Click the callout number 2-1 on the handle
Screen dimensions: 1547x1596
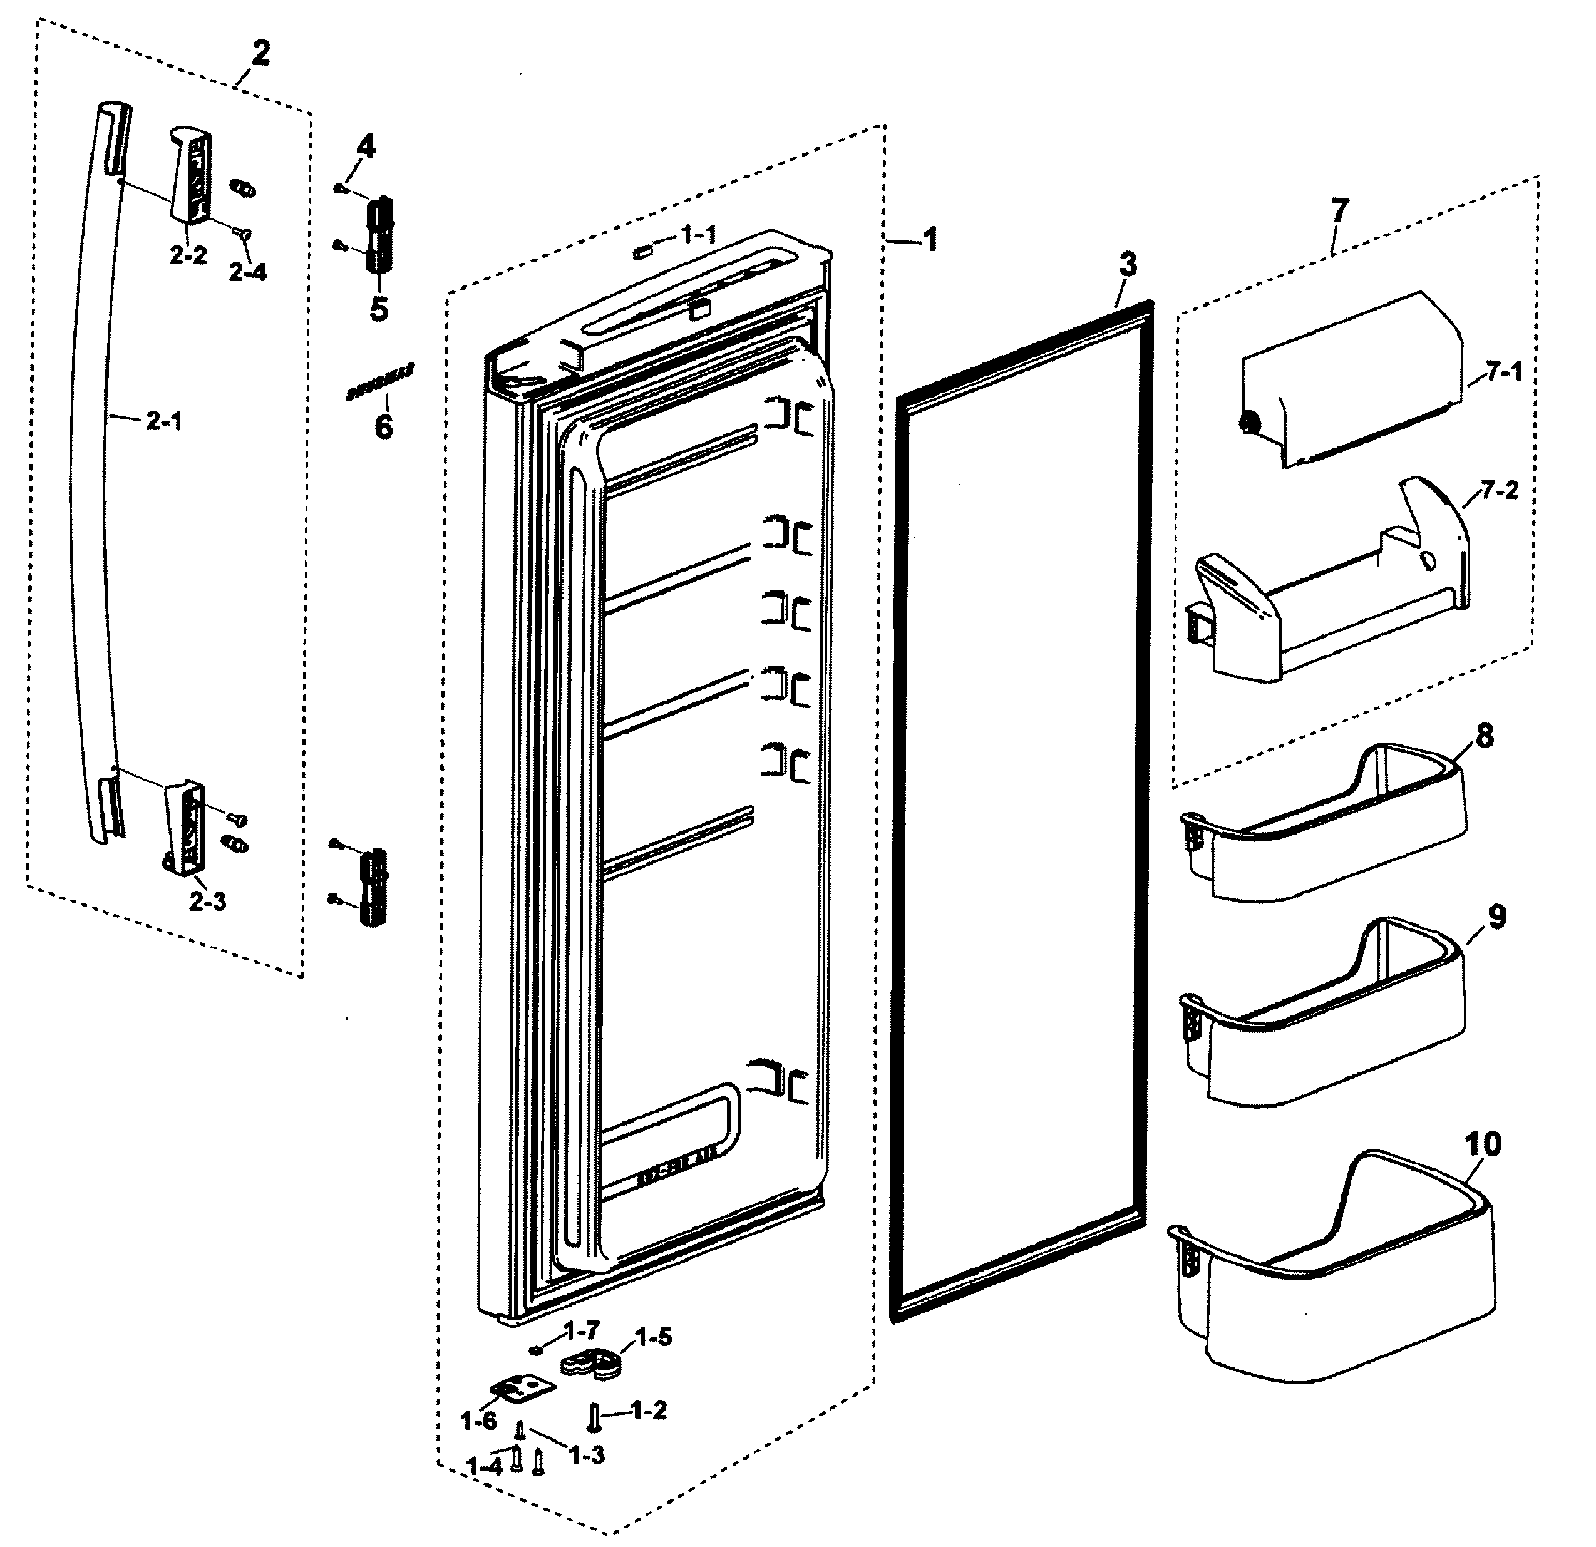pyautogui.click(x=165, y=422)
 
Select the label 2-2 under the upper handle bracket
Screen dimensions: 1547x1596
pyautogui.click(x=188, y=255)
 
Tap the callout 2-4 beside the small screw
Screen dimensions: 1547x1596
pyautogui.click(x=247, y=272)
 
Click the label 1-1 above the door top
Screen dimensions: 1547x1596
pyautogui.click(x=699, y=235)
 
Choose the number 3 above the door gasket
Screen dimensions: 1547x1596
pyautogui.click(x=1127, y=265)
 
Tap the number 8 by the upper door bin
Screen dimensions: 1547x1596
pyautogui.click(x=1485, y=736)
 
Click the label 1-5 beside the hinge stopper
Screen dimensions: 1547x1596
pyautogui.click(x=653, y=1337)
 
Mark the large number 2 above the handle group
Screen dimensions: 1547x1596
pyautogui.click(x=260, y=54)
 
